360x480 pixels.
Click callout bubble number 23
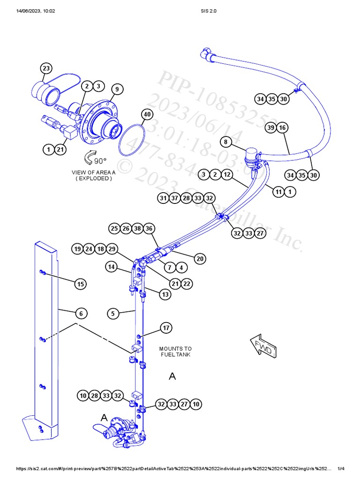click(x=46, y=68)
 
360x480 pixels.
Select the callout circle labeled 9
click(x=117, y=89)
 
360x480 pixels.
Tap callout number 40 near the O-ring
click(x=147, y=114)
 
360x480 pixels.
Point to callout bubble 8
click(x=225, y=142)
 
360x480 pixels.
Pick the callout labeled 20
click(x=200, y=258)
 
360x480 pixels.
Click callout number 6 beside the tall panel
click(x=81, y=313)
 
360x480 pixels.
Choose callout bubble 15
click(x=81, y=284)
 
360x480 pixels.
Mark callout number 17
click(x=166, y=328)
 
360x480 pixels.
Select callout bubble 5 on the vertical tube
click(x=113, y=314)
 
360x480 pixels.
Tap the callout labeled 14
click(x=111, y=267)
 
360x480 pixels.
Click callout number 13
click(x=165, y=294)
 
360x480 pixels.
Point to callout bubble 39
click(x=270, y=127)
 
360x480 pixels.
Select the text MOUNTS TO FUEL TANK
click(x=175, y=352)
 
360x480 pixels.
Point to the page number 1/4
click(x=341, y=469)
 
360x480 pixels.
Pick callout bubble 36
click(x=149, y=229)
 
